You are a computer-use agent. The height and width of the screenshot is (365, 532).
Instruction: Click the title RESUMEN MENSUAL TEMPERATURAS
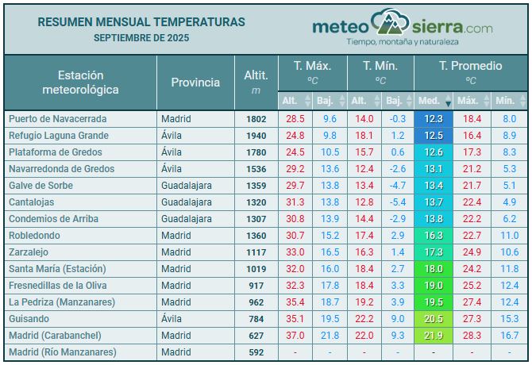click(x=141, y=22)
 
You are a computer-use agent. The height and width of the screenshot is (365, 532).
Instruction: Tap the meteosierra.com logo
click(x=402, y=29)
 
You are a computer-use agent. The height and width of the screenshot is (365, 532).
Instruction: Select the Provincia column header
click(x=195, y=82)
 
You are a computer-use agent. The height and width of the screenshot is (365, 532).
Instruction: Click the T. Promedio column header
click(x=471, y=66)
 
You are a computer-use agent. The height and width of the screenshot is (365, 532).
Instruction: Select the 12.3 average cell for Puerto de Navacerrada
click(x=434, y=119)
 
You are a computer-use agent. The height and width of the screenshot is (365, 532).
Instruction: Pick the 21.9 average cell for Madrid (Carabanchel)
click(x=434, y=336)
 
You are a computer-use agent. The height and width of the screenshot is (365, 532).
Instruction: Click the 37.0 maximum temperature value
click(x=295, y=336)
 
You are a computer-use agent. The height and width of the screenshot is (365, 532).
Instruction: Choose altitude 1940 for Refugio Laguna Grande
click(x=256, y=136)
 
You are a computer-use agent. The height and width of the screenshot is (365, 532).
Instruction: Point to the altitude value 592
click(x=256, y=352)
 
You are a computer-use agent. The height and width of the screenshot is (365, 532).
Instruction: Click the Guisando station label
click(x=29, y=319)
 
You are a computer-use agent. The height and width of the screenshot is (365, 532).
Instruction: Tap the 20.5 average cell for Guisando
click(x=434, y=319)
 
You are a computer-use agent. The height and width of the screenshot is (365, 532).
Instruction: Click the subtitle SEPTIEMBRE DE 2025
click(x=141, y=38)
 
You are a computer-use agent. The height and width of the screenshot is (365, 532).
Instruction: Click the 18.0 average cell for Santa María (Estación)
click(x=434, y=269)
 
